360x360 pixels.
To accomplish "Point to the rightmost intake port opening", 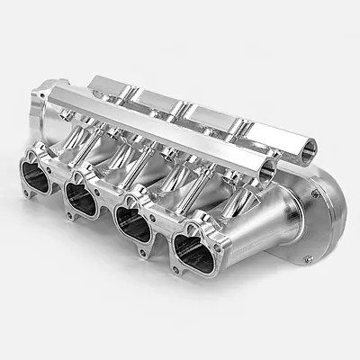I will [194, 253].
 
